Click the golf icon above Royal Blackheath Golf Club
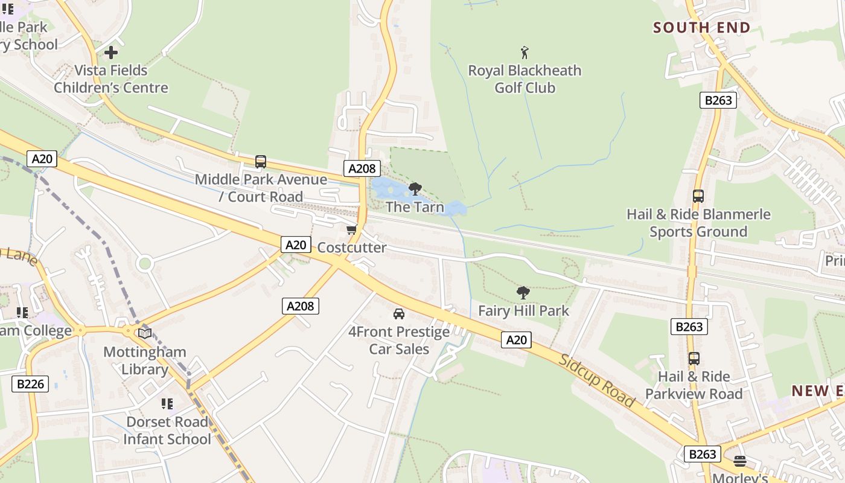click(x=525, y=53)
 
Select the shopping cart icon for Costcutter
click(x=351, y=229)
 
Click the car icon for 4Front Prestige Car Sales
click(x=398, y=314)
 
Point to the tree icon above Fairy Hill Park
click(x=523, y=293)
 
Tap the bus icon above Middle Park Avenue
click(x=261, y=162)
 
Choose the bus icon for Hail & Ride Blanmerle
click(x=698, y=196)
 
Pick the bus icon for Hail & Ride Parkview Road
click(x=694, y=359)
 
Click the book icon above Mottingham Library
click(x=145, y=333)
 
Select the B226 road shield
click(x=30, y=383)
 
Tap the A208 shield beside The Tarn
click(x=362, y=168)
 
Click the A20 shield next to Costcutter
click(x=296, y=245)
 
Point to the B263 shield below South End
click(x=718, y=100)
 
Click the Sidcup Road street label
click(x=597, y=380)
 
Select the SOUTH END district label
click(x=701, y=28)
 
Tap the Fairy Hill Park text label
click(x=523, y=311)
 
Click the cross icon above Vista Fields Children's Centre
click(x=111, y=53)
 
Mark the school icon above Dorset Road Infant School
click(x=167, y=403)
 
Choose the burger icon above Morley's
click(x=740, y=461)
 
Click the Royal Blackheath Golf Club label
click(x=525, y=79)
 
